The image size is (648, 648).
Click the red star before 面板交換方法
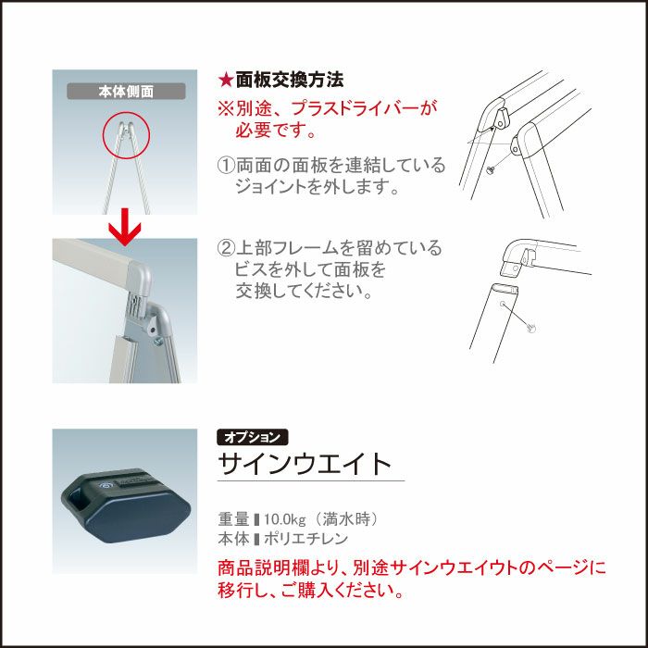(226, 81)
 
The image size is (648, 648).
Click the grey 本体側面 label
(126, 92)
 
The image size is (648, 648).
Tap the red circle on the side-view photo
(126, 136)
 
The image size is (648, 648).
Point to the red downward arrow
(125, 227)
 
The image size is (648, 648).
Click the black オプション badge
(253, 437)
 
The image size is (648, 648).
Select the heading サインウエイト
(305, 464)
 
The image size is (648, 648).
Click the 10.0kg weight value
(285, 519)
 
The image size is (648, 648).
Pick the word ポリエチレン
(305, 539)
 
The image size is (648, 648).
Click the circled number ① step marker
(226, 166)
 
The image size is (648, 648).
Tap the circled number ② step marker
(226, 248)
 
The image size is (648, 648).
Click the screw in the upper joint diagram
(491, 168)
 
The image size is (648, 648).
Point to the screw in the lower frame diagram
(532, 328)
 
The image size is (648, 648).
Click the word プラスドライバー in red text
(355, 108)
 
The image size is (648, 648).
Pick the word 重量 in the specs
(233, 519)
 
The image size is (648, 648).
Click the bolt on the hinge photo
(158, 341)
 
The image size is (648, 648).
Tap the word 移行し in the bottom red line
(243, 591)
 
